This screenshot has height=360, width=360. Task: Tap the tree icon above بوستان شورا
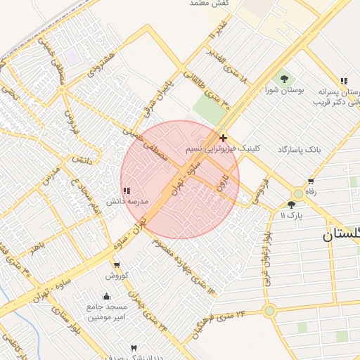(x=284, y=79)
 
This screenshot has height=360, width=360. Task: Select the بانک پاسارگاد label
(x=299, y=150)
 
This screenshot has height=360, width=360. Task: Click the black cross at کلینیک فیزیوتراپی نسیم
(x=224, y=138)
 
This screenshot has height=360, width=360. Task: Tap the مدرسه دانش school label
(x=127, y=201)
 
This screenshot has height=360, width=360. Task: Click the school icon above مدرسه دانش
(x=127, y=191)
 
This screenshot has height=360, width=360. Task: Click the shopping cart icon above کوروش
(x=117, y=265)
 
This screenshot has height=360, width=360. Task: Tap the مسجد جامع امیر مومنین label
(x=107, y=312)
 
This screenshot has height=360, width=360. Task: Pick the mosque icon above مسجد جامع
(x=106, y=296)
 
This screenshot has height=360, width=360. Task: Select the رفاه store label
(x=310, y=192)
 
